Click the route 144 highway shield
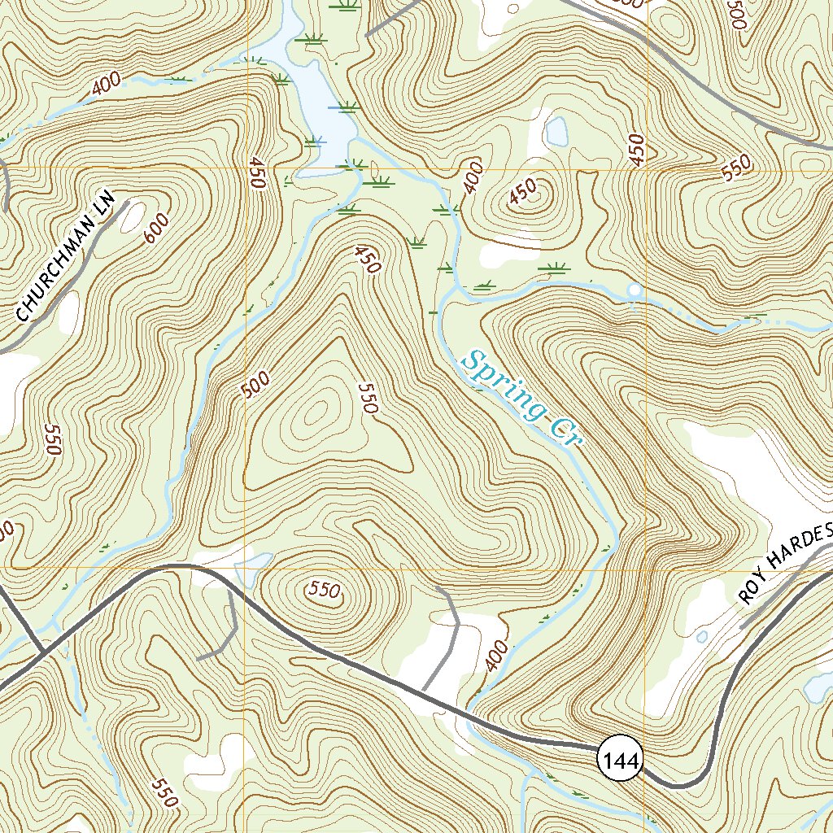(621, 761)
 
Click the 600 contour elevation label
(158, 225)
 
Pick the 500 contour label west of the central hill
(255, 386)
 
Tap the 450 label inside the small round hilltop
(524, 192)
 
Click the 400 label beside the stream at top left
(107, 83)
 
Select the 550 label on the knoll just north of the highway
(324, 591)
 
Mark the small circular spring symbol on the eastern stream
(635, 290)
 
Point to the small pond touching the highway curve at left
(253, 561)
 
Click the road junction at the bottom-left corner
(41, 652)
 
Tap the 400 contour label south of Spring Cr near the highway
(495, 656)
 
